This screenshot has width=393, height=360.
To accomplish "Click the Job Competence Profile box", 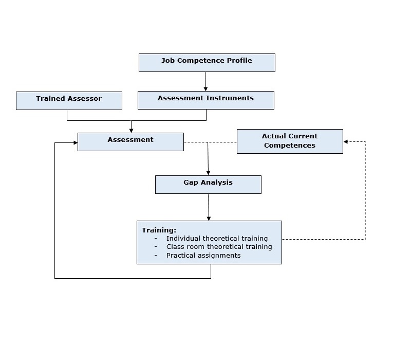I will click(x=207, y=63).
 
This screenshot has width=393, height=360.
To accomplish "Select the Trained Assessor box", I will click(x=69, y=101).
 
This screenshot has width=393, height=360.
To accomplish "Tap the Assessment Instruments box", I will click(x=205, y=100).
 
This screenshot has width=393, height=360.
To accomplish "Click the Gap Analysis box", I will click(x=208, y=185).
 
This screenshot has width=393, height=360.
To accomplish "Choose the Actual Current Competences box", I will click(x=290, y=141).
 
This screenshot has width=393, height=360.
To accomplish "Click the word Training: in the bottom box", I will click(x=159, y=230).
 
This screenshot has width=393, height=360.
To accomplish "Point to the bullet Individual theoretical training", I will click(x=217, y=239).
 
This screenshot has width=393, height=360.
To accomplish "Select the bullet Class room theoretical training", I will click(x=219, y=247).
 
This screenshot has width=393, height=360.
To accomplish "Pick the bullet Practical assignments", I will click(x=203, y=255).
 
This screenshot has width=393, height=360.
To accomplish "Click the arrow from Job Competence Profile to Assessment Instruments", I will click(x=205, y=81).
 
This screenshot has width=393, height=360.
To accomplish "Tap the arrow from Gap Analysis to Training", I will click(x=209, y=207).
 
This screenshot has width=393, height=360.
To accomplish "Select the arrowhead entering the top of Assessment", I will click(x=132, y=130).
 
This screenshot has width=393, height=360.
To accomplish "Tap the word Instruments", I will click(x=229, y=98).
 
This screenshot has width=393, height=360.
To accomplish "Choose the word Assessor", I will click(x=84, y=99).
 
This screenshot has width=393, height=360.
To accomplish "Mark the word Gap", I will click(x=191, y=183).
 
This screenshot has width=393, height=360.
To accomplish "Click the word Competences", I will click(x=290, y=146).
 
